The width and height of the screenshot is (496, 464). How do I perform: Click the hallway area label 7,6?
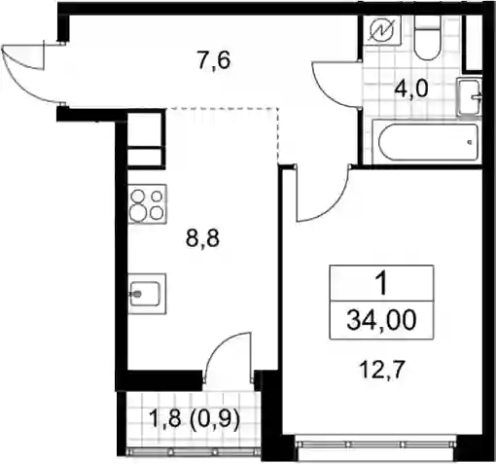(214, 60)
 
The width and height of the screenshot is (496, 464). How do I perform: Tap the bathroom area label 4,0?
(411, 89)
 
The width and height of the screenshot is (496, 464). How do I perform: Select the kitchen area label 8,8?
(202, 238)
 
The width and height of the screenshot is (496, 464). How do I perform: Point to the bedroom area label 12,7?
(383, 370)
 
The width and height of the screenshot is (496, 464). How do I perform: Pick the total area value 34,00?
(381, 320)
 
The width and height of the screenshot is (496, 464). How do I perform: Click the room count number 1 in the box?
(382, 283)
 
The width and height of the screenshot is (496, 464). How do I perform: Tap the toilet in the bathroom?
(427, 38)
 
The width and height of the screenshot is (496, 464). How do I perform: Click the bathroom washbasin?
(469, 96)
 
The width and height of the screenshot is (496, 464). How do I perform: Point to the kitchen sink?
(147, 294)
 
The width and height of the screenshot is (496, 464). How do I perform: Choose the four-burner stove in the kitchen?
(148, 204)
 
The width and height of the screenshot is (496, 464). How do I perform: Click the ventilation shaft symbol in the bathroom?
(382, 30)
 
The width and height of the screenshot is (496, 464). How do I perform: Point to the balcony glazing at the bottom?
(194, 451)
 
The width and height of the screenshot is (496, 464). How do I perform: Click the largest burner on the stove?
(138, 214)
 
